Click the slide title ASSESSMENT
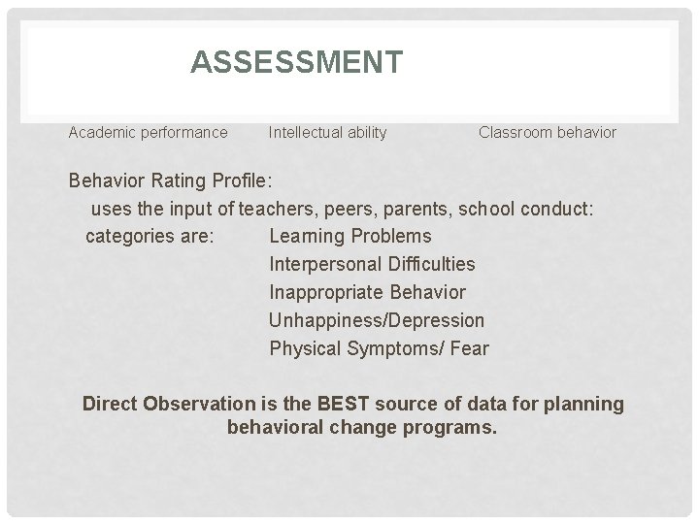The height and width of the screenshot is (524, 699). coord(296,63)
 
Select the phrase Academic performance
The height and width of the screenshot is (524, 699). coord(148,132)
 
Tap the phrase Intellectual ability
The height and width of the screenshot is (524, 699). coord(327,132)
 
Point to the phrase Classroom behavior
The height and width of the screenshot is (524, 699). coord(547,132)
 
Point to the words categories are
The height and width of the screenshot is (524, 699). coord(150,236)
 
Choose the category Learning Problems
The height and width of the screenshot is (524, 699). coord(349,236)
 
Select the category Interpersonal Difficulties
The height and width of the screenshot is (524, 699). coord(372,264)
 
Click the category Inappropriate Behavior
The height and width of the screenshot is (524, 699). coord(367,292)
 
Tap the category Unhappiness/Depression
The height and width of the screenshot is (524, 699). coord(376,320)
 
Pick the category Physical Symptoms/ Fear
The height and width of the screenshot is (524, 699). coord(379,348)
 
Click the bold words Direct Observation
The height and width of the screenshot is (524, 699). coord(171,404)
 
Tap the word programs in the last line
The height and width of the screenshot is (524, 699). coord(453,427)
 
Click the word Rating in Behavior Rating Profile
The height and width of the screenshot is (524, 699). coord(180,180)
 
